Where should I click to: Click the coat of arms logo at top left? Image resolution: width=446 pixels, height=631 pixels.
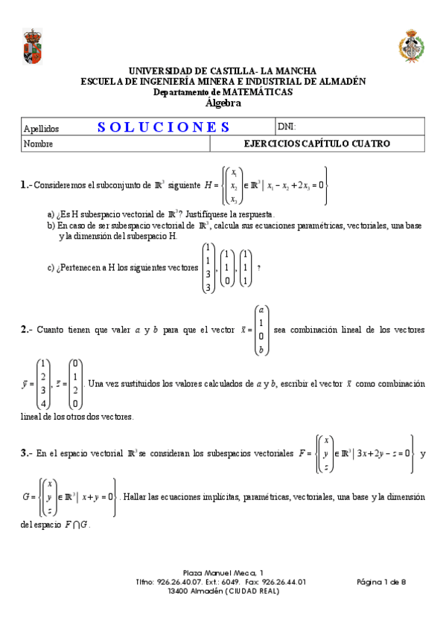click(x=33, y=46)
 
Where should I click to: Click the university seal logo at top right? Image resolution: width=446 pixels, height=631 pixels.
click(x=411, y=46)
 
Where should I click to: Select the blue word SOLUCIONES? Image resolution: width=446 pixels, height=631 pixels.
click(x=164, y=126)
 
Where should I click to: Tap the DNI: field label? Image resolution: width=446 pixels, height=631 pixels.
click(x=287, y=126)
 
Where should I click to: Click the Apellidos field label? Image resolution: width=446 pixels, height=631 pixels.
click(x=41, y=128)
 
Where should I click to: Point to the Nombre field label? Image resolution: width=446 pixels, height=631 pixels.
click(x=38, y=144)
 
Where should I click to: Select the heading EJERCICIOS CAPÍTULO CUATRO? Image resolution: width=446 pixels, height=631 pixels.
click(x=316, y=144)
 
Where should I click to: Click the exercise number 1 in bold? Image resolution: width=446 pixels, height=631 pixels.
click(x=25, y=185)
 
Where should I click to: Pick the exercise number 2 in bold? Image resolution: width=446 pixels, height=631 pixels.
click(x=25, y=330)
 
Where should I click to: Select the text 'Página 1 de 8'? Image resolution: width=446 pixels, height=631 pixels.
click(x=381, y=582)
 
